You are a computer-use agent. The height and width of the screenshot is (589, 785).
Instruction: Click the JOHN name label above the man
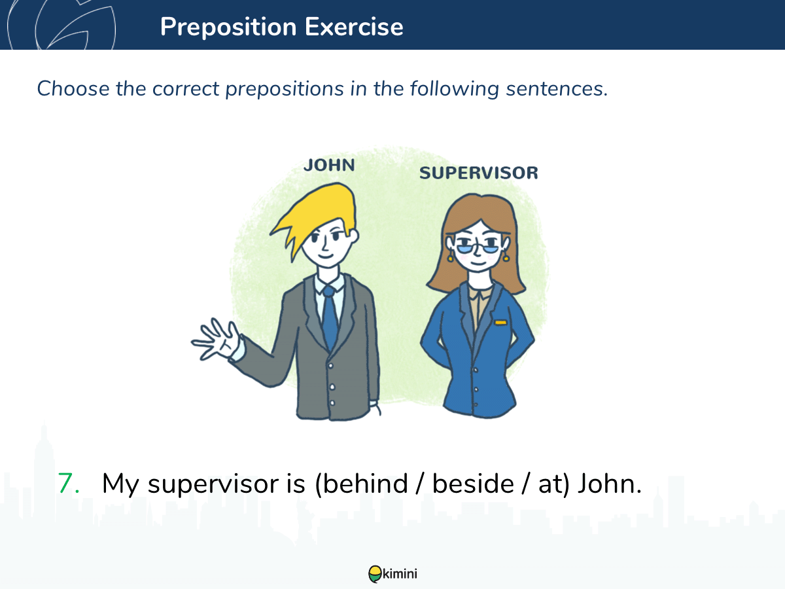[330, 165]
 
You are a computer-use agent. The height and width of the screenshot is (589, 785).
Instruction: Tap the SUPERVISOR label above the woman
[478, 173]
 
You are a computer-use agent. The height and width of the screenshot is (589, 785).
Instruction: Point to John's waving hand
[217, 339]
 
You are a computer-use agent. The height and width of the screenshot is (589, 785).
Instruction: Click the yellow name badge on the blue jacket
[500, 323]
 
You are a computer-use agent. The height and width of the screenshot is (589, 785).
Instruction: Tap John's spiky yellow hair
[315, 215]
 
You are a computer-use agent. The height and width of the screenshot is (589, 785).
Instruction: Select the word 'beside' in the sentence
[473, 484]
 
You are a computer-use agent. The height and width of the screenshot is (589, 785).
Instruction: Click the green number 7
[68, 484]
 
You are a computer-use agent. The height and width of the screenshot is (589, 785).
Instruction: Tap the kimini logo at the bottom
[392, 574]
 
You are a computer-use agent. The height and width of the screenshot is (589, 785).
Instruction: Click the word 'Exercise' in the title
[354, 27]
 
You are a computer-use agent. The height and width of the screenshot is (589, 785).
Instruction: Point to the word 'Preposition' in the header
[228, 27]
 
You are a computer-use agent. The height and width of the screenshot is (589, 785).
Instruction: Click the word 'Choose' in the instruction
[73, 88]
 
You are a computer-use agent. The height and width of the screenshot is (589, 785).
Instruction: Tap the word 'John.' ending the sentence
[610, 484]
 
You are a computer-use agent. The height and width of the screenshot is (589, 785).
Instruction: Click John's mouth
[326, 256]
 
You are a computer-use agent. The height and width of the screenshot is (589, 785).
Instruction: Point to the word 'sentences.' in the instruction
[557, 89]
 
